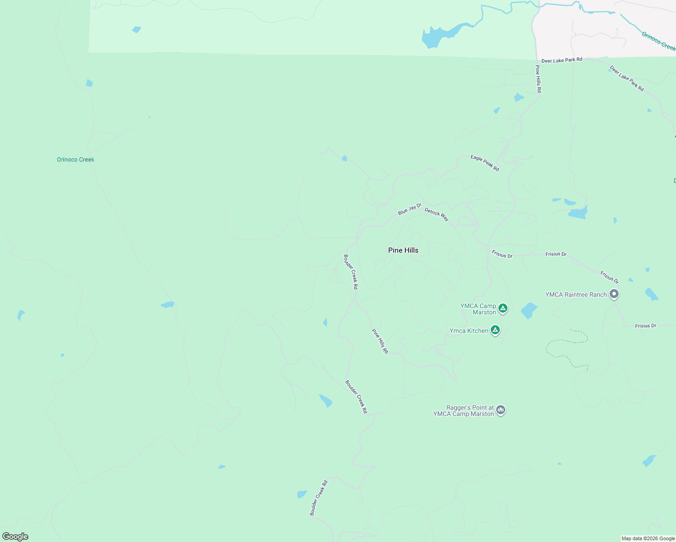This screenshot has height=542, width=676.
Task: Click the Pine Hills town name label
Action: coord(403,250)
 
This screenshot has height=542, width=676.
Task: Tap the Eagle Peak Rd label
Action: coord(484,163)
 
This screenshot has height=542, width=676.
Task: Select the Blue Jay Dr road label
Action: coord(409,210)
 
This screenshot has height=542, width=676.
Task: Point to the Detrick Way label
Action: coord(437,215)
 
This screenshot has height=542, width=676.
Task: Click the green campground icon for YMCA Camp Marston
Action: coord(503,308)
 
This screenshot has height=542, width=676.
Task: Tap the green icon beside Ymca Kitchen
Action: coord(495,330)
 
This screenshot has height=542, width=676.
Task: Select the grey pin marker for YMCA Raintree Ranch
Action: coord(614,294)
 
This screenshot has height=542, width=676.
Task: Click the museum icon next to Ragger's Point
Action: coord(500,410)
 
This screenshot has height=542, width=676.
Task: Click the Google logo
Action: coord(15,537)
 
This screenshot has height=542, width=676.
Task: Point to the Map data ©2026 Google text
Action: coord(648,538)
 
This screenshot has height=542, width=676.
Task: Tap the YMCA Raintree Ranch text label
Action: coord(576,294)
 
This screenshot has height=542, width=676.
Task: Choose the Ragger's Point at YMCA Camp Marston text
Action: coord(464,411)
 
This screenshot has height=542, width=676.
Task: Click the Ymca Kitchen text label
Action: coord(469,331)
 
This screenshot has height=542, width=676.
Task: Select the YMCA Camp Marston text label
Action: coord(479,309)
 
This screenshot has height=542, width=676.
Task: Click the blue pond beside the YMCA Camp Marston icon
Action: coord(529,311)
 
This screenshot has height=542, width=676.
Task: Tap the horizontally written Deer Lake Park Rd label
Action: coord(562,60)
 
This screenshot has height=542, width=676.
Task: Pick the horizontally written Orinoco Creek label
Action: coord(75,159)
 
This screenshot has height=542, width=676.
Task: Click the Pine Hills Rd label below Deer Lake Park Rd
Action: coord(538,79)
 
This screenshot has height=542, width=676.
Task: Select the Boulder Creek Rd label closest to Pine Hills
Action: coord(351,271)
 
